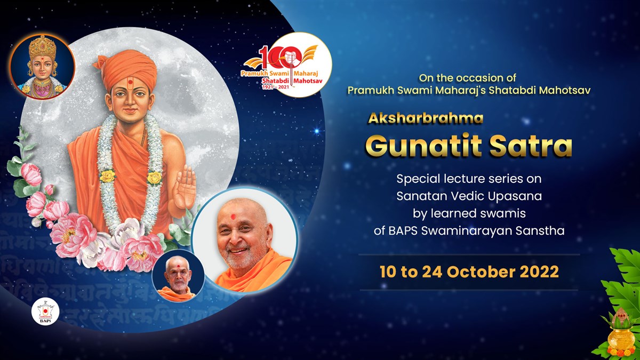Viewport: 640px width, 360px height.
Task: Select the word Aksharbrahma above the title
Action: pos(426,118)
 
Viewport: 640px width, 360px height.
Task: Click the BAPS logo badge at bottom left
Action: pos(45,311)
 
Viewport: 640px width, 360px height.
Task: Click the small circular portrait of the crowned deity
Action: pos(42,67)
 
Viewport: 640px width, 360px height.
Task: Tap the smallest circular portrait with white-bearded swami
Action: pos(178,275)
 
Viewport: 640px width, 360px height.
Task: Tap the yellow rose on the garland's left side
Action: pos(107,175)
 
